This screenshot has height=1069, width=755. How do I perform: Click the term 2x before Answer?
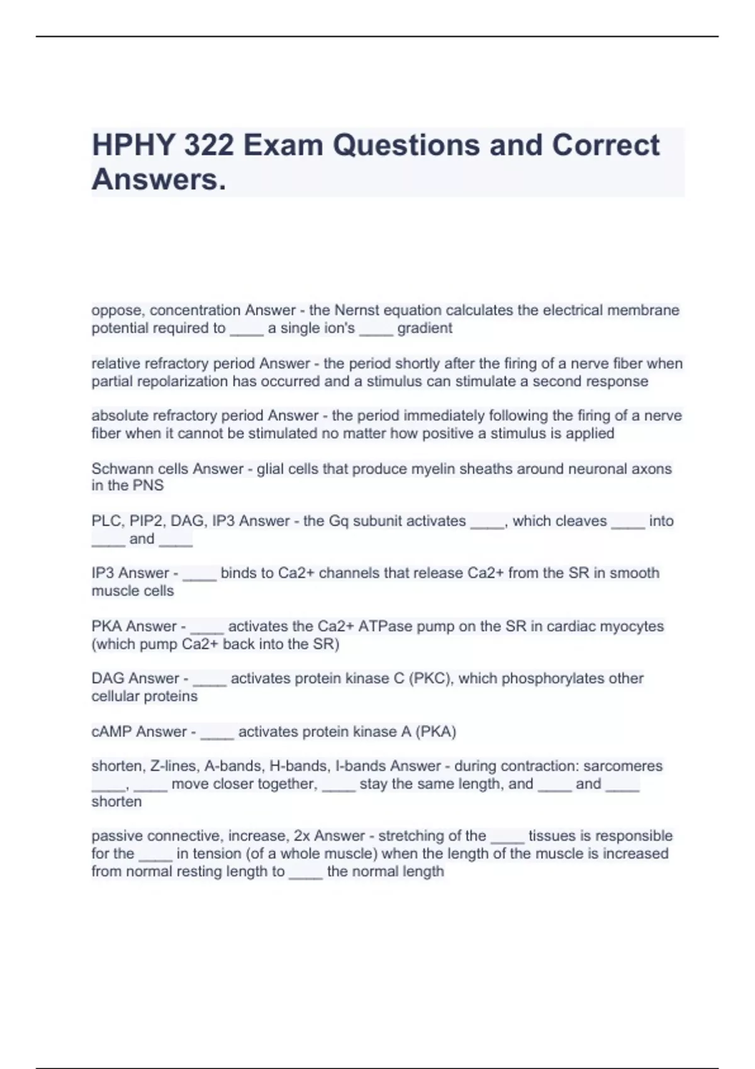[301, 836]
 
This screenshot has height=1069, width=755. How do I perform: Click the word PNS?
[149, 485]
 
